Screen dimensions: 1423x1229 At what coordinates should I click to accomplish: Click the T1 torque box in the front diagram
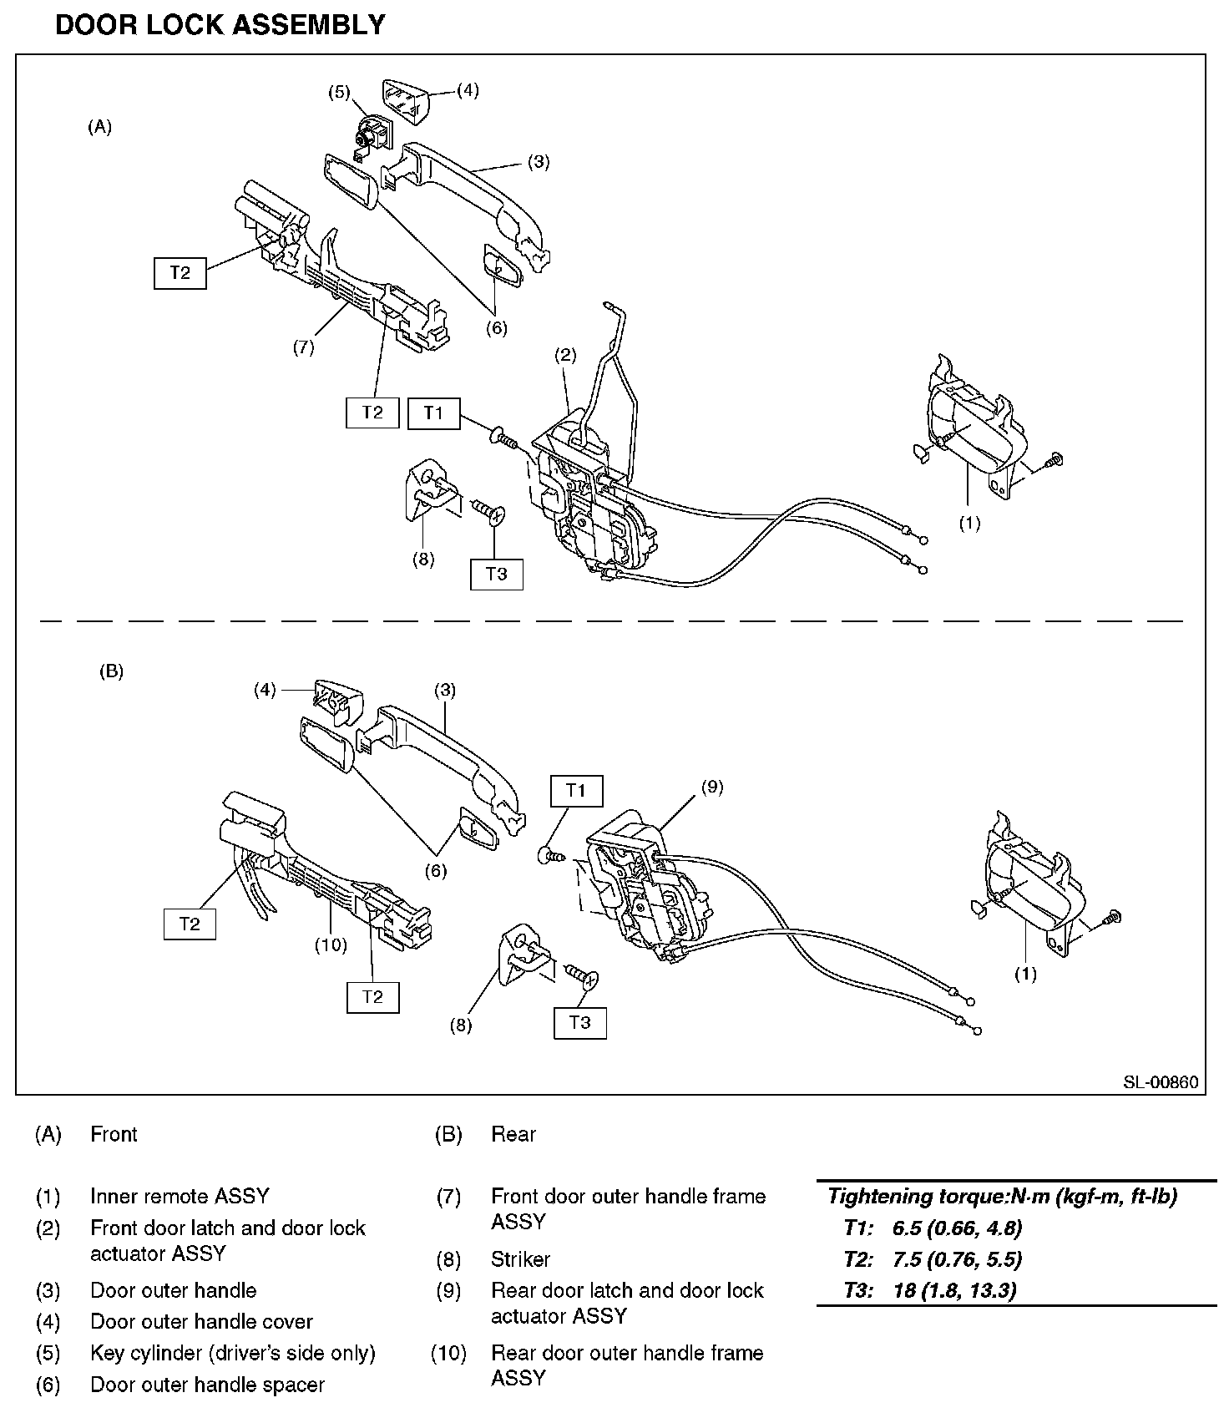tap(433, 413)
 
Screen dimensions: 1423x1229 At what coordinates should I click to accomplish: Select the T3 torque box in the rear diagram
tap(579, 1022)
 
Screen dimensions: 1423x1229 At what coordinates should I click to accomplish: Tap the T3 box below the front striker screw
tap(496, 574)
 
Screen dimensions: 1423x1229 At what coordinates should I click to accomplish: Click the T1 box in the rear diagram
tap(576, 790)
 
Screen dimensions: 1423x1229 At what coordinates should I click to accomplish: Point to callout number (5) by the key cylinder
tap(339, 92)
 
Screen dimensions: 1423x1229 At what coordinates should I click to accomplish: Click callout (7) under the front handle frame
tap(303, 347)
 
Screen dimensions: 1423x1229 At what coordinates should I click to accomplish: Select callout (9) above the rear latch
tap(711, 787)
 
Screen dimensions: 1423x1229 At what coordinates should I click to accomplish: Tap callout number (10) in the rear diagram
tap(331, 944)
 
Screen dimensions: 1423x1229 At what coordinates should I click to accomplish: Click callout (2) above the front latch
tap(565, 355)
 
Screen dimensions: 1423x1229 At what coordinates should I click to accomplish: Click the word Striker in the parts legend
tap(520, 1258)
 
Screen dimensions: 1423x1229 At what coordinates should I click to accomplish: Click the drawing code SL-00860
tap(1160, 1082)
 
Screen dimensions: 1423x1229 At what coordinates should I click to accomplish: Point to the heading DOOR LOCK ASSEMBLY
tap(220, 25)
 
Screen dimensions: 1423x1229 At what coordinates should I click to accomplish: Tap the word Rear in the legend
tap(513, 1134)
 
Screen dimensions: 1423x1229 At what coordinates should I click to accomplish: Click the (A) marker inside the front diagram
tap(99, 127)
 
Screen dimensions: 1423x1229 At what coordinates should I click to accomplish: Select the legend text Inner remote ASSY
tap(180, 1196)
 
